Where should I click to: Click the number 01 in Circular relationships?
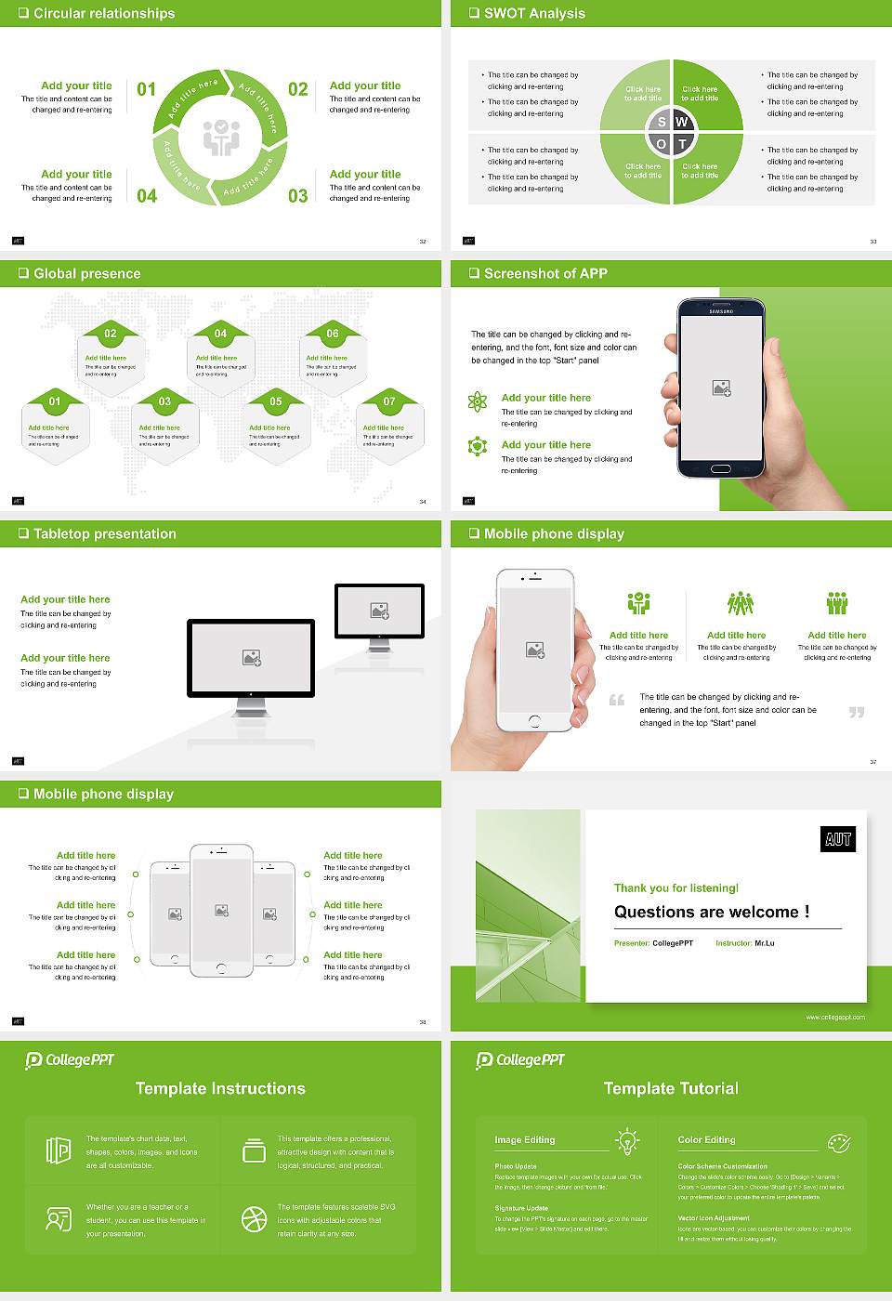click(147, 89)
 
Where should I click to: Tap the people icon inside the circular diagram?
click(221, 138)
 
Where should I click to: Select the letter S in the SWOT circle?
click(662, 122)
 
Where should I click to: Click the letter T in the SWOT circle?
click(682, 144)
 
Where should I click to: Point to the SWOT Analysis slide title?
click(534, 13)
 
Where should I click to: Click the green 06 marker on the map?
click(333, 334)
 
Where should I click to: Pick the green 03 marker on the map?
click(164, 401)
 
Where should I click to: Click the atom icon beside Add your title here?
click(478, 401)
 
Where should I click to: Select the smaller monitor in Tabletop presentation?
click(379, 612)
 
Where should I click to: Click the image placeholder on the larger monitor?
click(251, 658)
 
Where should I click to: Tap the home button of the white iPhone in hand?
click(534, 721)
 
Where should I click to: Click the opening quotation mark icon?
click(617, 700)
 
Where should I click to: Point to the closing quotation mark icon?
click(857, 712)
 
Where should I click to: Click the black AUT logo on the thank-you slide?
click(838, 839)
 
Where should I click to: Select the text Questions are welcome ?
click(712, 912)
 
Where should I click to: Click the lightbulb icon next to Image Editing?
click(627, 1140)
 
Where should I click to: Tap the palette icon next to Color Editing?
click(839, 1141)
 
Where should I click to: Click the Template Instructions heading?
click(220, 1088)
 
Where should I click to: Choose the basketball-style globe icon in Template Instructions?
click(254, 1219)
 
